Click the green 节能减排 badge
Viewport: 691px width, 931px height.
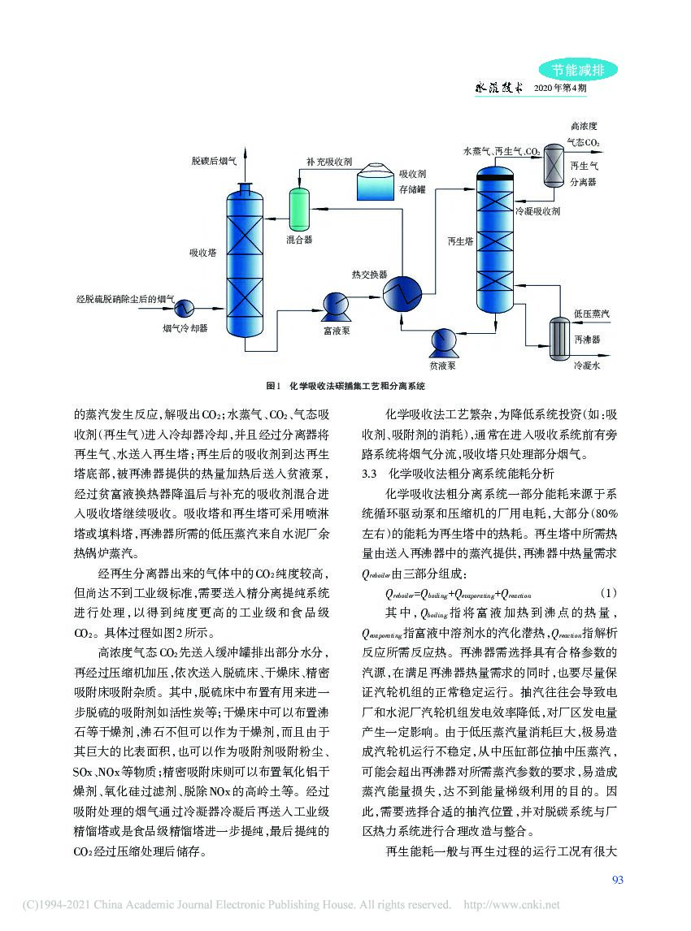click(x=578, y=71)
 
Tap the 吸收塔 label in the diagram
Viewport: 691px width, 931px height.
click(x=202, y=253)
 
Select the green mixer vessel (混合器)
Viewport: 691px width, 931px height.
click(x=299, y=208)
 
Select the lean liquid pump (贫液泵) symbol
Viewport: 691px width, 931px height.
click(x=443, y=340)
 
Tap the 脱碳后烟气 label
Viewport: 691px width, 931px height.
click(x=214, y=162)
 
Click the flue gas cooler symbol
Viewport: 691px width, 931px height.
click(x=185, y=306)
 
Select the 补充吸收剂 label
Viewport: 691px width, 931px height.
click(x=328, y=162)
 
